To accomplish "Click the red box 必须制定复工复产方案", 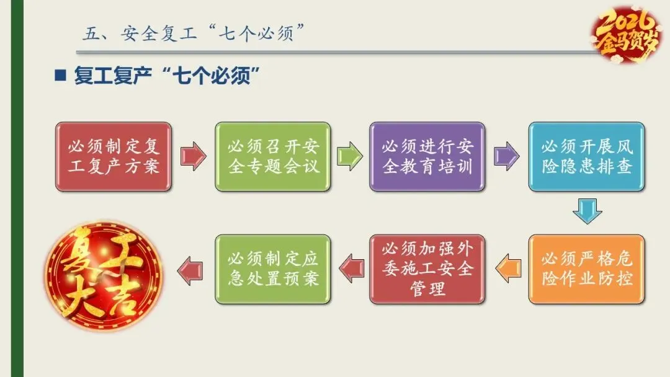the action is [x=113, y=156].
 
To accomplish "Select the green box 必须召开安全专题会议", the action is [x=273, y=156].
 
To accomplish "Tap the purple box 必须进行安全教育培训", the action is [x=427, y=156].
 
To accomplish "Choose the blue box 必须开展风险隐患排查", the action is [x=586, y=156].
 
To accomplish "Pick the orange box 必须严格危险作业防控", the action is [x=586, y=268].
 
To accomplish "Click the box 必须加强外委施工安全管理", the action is [x=427, y=268].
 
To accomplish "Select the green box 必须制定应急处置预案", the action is [x=273, y=268].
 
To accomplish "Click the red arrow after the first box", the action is [x=193, y=156].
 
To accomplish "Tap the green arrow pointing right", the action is [x=349, y=156].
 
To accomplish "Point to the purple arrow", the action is [x=506, y=156].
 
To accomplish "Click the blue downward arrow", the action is [x=587, y=211].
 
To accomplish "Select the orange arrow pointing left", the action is [x=508, y=268].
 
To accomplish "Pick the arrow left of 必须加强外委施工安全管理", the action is [x=351, y=268].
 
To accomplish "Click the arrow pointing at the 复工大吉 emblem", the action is [x=190, y=268].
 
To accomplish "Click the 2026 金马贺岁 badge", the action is [x=625, y=34].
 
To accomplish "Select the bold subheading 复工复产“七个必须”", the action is [x=166, y=77].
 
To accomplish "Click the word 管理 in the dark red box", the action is [x=427, y=288].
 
